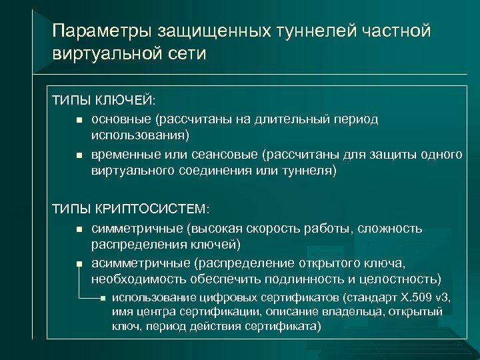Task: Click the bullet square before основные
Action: coord(79,120)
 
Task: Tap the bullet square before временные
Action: coord(79,155)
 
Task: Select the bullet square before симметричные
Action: coord(79,229)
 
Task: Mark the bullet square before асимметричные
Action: coord(79,263)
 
